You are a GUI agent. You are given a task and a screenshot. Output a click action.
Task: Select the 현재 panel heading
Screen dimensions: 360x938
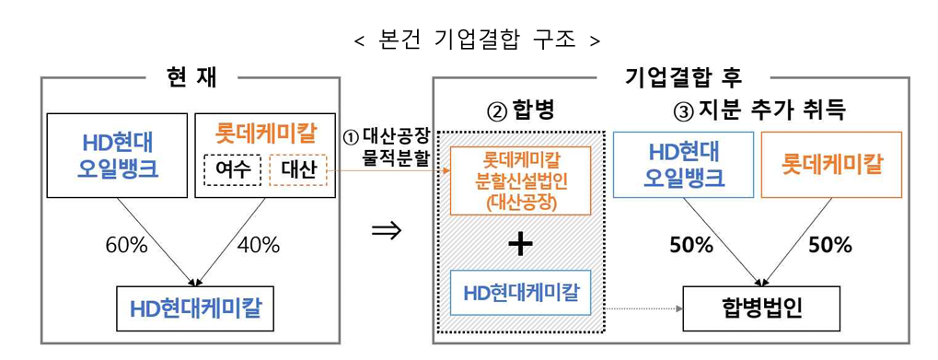point(191,77)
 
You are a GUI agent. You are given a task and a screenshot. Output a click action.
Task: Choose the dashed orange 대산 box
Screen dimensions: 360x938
point(296,169)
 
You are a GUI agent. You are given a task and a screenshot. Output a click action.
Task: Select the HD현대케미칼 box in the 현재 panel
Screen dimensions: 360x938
point(195,308)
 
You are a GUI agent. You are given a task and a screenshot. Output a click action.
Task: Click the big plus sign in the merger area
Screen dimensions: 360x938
point(520,243)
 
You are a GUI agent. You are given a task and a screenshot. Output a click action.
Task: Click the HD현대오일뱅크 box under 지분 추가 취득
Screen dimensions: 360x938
point(683,165)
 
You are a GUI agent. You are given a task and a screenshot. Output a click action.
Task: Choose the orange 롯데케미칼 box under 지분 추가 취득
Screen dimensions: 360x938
point(831,165)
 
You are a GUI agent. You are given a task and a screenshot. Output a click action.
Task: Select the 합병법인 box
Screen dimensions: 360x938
point(761,308)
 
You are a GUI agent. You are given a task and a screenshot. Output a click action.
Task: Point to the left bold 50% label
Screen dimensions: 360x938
point(691,245)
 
